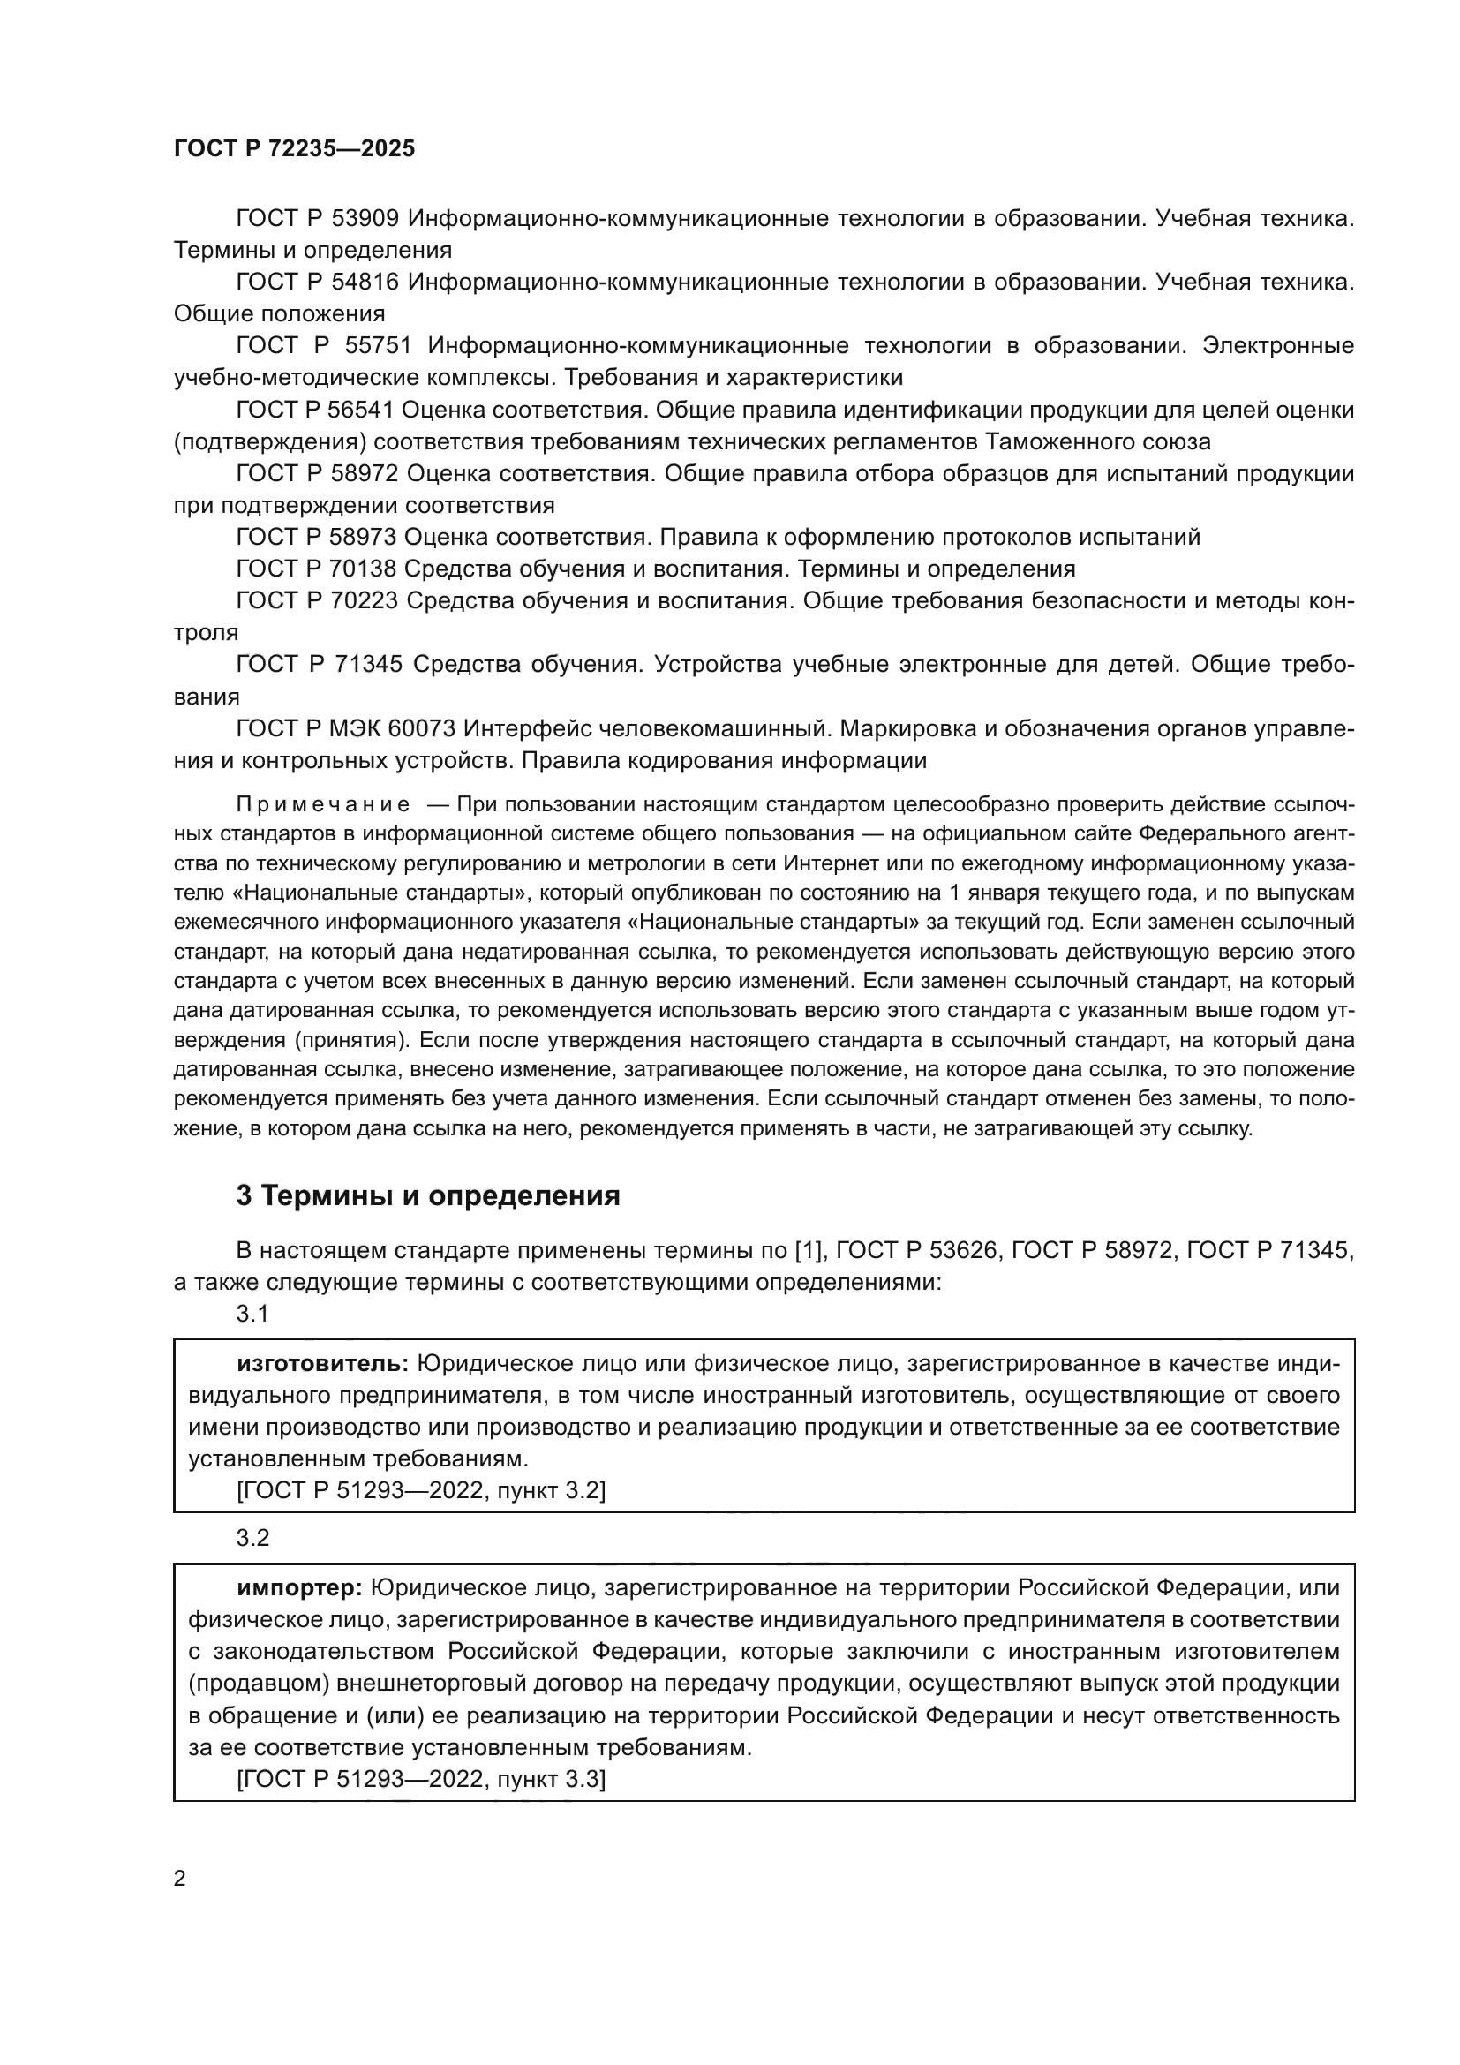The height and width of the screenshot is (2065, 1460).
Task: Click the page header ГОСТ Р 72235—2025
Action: tap(294, 148)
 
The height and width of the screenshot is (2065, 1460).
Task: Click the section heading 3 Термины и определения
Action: tap(428, 1196)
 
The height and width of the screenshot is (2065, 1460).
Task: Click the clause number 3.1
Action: tap(252, 1314)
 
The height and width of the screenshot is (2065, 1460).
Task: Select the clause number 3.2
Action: tap(252, 1538)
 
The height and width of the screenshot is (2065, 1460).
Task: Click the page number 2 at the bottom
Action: tap(180, 1878)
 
